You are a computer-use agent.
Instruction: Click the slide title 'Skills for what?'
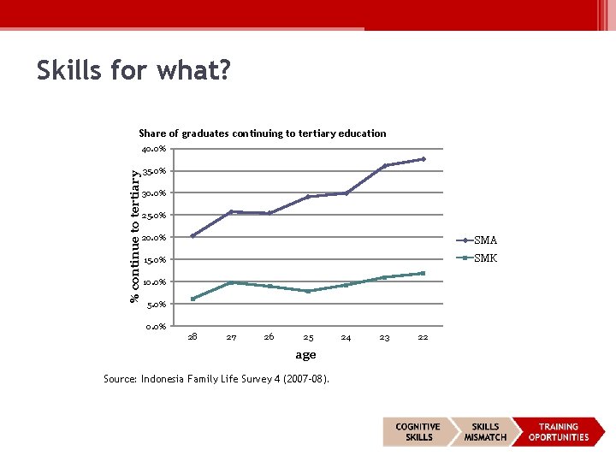coord(133,71)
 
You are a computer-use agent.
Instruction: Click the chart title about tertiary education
coord(262,133)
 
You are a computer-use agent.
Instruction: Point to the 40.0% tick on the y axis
coord(154,149)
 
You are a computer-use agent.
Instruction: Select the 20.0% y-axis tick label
coord(154,238)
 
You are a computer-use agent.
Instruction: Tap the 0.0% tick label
coord(156,326)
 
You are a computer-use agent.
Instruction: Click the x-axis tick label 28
coord(192,337)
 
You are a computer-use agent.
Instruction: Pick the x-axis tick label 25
coord(308,338)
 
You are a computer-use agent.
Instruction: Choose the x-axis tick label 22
coord(423,338)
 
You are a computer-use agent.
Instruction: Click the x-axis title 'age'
coord(305,355)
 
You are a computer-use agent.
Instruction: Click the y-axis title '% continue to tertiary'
coord(134,234)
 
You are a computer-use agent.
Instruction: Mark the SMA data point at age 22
coord(423,159)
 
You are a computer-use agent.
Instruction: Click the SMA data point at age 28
coord(192,236)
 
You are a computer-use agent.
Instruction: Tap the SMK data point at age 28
coord(192,299)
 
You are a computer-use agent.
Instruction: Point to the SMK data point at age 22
coord(423,273)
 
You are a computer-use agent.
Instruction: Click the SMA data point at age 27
coord(231,211)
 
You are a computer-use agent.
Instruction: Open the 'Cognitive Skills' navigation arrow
coord(418,432)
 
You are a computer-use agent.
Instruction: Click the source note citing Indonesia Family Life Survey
coord(216,379)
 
